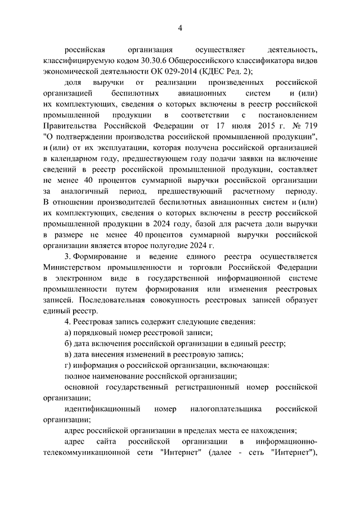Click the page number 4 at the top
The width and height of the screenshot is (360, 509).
coord(180,29)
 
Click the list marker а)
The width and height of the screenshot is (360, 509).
coord(68,332)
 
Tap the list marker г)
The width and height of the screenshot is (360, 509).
coord(68,365)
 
